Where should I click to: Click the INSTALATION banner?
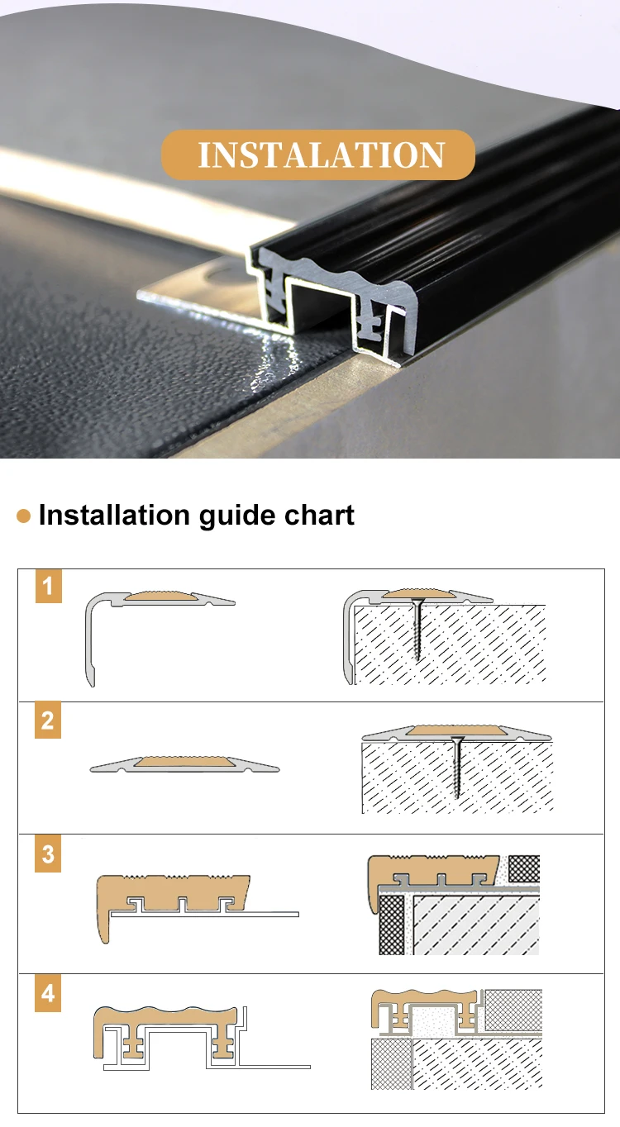pos(318,155)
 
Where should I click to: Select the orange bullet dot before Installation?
pos(24,516)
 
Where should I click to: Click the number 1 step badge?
pos(48,586)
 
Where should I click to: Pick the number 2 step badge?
pos(48,720)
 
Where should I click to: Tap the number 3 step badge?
pos(48,854)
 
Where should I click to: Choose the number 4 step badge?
pos(48,993)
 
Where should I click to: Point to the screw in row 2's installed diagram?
pos(457,768)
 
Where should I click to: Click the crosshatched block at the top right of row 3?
pos(524,868)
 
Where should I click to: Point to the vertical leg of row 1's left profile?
pos(90,641)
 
